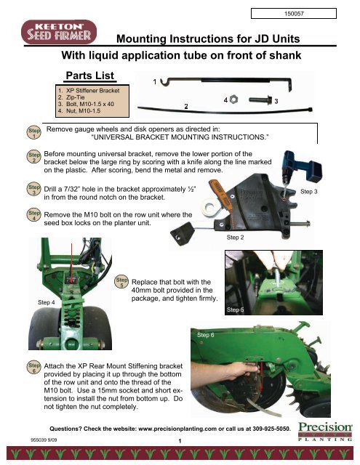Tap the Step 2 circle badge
coord(33,158)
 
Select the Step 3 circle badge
coord(33,190)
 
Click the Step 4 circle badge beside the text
coord(33,217)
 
